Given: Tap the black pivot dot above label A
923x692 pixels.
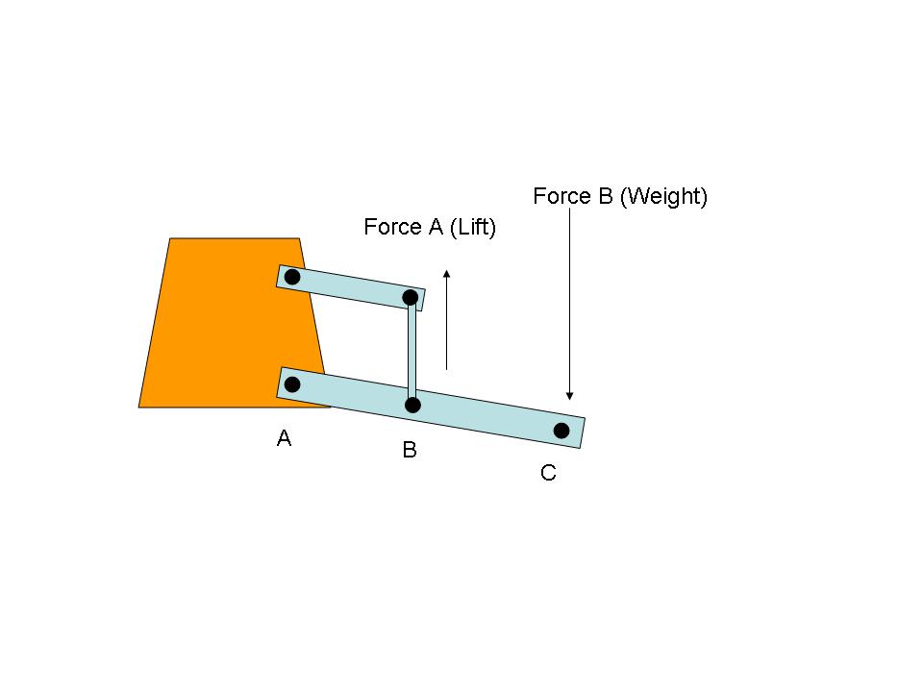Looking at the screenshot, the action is [292, 384].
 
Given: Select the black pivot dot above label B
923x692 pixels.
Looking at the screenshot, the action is [412, 405].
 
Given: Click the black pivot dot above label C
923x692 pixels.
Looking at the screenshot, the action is [561, 431].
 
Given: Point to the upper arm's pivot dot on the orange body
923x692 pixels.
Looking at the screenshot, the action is [292, 277].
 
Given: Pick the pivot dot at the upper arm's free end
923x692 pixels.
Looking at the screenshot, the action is [411, 297].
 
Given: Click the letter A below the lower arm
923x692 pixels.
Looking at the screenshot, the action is [284, 438].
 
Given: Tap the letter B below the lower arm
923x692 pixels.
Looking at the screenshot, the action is [410, 450].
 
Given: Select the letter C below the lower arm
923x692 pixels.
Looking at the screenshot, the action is [548, 473].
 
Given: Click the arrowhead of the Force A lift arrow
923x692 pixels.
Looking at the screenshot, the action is [447, 274].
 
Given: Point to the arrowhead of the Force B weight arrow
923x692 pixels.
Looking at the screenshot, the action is [569, 396].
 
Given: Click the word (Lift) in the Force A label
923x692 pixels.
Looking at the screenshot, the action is [473, 227].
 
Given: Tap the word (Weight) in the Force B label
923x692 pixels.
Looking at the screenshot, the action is [663, 196].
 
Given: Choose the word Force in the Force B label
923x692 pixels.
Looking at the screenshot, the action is [562, 196].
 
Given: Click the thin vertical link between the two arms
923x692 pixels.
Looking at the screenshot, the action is [412, 352].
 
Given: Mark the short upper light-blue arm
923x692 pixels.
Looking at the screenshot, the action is [351, 287].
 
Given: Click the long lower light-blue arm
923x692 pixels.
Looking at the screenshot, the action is [431, 408].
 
